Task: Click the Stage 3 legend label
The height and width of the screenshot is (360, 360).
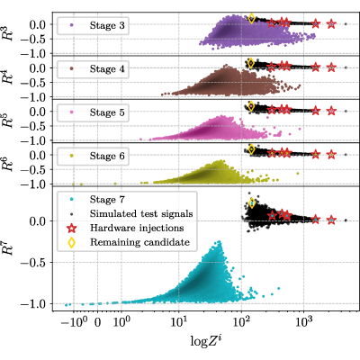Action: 107,25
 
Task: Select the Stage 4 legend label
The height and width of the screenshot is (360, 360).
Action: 107,69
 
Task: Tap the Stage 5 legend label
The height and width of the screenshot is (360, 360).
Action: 107,112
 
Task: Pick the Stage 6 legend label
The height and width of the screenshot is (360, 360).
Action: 107,156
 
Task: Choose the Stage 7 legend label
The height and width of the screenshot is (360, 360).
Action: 107,200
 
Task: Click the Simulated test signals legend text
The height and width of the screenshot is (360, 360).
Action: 141,214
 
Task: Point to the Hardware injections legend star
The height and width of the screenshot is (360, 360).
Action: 72,229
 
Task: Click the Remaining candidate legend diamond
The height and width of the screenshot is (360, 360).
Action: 72,242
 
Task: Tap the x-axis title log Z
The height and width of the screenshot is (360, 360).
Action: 206,341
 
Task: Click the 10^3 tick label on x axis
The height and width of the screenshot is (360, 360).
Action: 304,322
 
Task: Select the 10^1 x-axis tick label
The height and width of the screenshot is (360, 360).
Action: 179,322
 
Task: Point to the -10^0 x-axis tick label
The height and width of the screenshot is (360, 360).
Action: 74,322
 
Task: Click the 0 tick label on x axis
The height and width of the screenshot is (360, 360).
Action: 98,323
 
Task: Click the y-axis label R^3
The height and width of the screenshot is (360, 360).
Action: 8,33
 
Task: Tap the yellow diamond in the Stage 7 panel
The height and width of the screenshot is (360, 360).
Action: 252,203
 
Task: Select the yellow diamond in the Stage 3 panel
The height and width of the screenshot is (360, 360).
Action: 252,18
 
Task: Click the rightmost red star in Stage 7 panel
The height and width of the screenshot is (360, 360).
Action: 331,220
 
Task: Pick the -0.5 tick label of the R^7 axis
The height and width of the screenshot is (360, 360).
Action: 32,263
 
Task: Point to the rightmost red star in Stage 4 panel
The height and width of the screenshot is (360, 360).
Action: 331,67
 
